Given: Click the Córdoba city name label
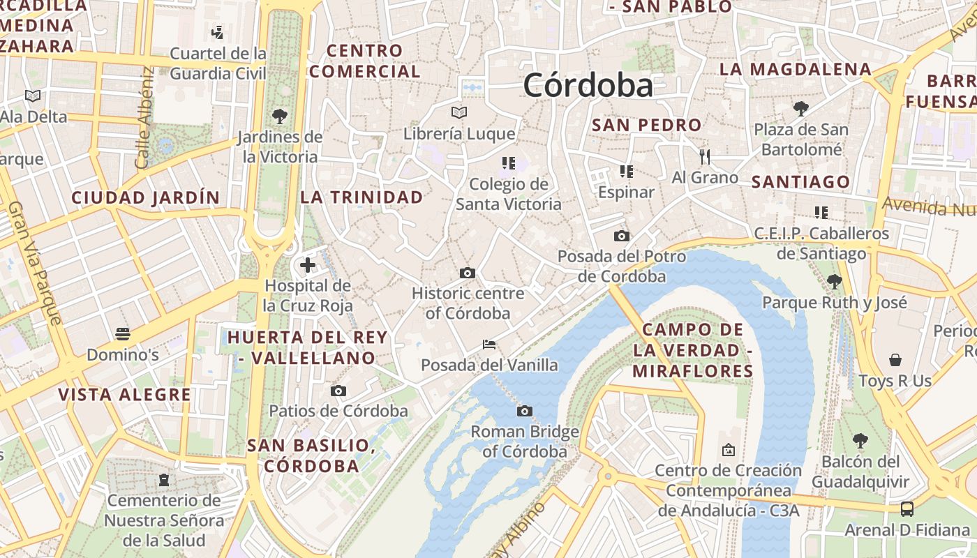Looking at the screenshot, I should pos(588,85).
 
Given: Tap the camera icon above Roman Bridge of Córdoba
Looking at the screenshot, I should pos(525,412).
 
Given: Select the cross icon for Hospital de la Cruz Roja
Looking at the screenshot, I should pos(308,265).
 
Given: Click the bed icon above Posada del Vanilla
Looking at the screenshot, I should pos(489,345).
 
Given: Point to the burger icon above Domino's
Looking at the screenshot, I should pos(123,334).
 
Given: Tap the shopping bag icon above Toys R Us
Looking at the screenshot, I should pos(895,360).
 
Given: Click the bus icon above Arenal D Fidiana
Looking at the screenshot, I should pos(907,509).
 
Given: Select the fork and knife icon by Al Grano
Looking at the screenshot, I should pos(705,156).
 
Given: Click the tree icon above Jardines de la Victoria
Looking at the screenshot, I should pos(280,116).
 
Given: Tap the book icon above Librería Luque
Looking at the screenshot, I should pos(458,112).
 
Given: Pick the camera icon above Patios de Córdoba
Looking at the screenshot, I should pos(338,391).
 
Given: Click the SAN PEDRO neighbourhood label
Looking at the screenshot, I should pos(646,126).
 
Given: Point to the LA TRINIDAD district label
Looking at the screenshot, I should pos(361,197).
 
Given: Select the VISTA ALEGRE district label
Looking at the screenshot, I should pos(124,395).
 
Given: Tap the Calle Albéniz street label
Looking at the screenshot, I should pos(145,117).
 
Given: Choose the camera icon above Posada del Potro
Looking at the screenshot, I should pos(621,236).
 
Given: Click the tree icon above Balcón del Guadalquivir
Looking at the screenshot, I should pos(860,441).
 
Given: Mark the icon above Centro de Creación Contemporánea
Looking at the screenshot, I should pos(729,450).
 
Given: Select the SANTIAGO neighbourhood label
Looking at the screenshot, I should pos(800,183).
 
